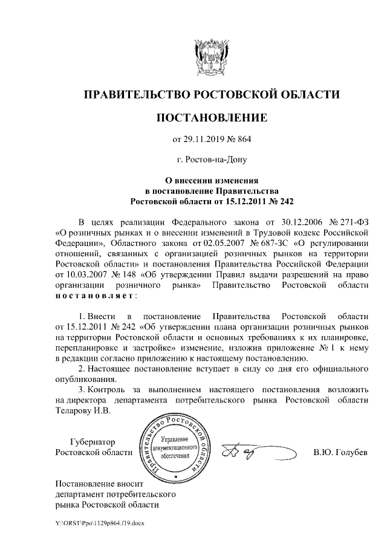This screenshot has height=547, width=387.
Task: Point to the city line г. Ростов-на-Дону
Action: click(x=211, y=160)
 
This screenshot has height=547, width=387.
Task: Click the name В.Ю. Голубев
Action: click(x=340, y=453)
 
